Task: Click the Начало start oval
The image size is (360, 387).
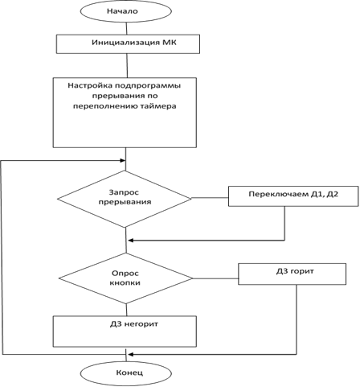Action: (126, 11)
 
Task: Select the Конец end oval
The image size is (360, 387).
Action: (126, 373)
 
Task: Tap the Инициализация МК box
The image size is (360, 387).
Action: (128, 44)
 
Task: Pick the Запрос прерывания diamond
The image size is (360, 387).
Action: (125, 199)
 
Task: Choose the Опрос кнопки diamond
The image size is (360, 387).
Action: (125, 278)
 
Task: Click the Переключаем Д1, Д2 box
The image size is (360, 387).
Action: (293, 196)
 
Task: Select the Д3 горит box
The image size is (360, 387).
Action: (292, 274)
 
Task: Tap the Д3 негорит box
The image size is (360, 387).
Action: (125, 331)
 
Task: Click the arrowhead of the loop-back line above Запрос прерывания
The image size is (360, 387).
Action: (123, 161)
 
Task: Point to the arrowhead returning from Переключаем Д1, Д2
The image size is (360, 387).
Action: (131, 241)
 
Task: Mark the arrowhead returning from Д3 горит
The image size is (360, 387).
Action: (131, 354)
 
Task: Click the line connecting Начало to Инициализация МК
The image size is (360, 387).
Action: (126, 28)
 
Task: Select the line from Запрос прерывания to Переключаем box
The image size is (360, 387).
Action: (210, 198)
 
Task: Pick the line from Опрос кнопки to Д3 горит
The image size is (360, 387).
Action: (215, 278)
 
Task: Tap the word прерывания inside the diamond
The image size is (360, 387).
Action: (125, 202)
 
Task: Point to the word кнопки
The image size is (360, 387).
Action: (125, 283)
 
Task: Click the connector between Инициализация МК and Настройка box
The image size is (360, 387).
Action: (127, 66)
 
